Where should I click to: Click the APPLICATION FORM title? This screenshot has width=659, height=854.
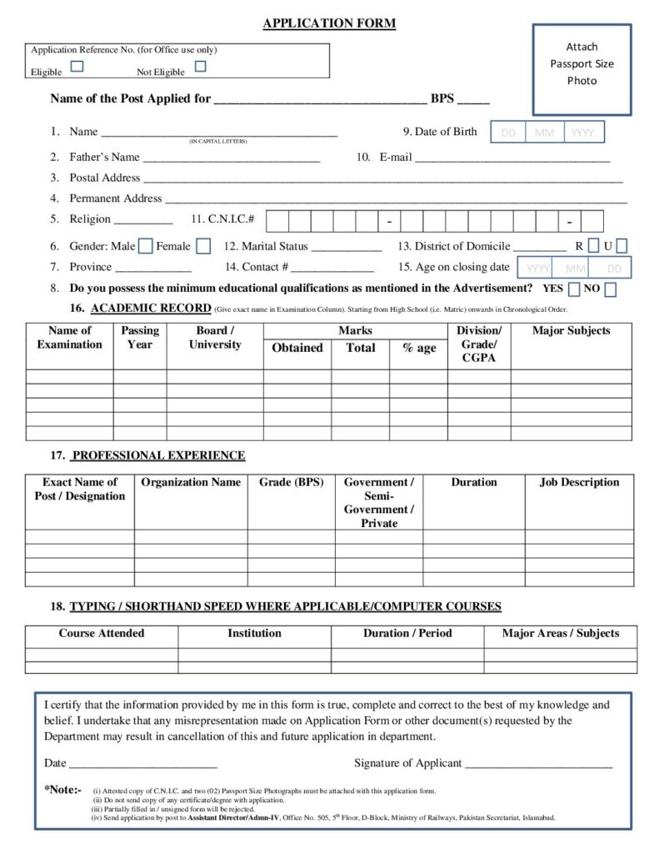click(x=329, y=23)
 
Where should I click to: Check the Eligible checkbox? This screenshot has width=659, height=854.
click(x=77, y=67)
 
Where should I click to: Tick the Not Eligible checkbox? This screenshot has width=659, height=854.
click(x=200, y=67)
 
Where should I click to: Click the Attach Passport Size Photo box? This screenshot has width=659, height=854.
click(x=582, y=68)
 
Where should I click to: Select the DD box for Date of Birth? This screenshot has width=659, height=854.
click(x=508, y=133)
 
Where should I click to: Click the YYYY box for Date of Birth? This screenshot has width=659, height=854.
click(x=583, y=133)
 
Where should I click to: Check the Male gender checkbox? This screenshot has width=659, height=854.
click(x=145, y=246)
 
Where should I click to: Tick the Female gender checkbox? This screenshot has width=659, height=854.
click(x=204, y=246)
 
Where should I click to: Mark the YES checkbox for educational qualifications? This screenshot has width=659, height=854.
click(x=574, y=289)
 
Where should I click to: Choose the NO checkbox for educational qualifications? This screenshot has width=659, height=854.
click(x=611, y=289)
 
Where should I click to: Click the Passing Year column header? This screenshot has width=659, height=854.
click(x=140, y=338)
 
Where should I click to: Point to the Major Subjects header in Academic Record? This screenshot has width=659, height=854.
click(x=571, y=331)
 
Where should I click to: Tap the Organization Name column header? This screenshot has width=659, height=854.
click(x=191, y=482)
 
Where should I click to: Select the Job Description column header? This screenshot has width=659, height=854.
click(x=579, y=482)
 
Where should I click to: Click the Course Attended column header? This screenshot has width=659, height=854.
click(x=101, y=634)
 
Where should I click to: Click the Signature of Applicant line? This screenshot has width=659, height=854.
click(x=538, y=764)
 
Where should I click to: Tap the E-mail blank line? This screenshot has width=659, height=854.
click(x=512, y=158)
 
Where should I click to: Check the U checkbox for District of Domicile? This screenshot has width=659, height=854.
click(x=622, y=246)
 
